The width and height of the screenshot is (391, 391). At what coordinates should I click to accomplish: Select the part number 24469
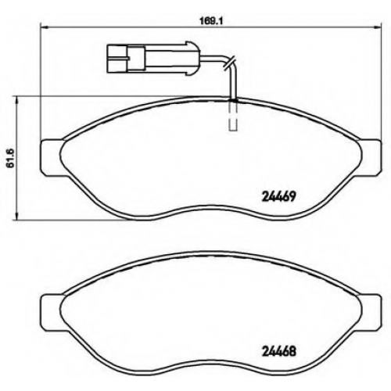coord(278,196)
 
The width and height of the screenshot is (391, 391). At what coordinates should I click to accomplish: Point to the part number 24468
coord(278,352)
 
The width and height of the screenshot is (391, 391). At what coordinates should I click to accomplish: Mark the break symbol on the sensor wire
coord(228,63)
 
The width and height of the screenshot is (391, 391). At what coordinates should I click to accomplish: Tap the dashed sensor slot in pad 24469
coord(233,115)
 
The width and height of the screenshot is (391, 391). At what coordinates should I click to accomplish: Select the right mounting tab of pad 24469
coord(370,159)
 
